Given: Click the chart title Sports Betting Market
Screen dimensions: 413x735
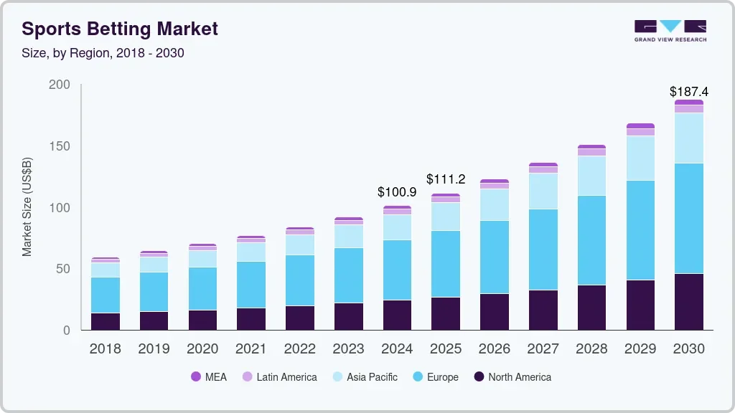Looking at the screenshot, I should [x=120, y=29].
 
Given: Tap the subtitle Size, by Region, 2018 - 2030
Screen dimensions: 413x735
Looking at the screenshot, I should [x=103, y=53].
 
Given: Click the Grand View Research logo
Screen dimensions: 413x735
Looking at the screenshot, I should [x=670, y=30].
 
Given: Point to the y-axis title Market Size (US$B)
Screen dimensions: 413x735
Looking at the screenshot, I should [x=27, y=206].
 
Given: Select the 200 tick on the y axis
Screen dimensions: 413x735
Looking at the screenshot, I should [x=60, y=85].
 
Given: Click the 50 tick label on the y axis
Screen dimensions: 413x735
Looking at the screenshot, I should [x=62, y=269].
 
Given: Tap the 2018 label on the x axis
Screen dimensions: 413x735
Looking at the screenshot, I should [x=106, y=349].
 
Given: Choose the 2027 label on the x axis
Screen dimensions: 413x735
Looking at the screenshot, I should [x=543, y=349].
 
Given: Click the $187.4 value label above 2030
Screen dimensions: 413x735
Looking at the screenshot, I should [x=688, y=92].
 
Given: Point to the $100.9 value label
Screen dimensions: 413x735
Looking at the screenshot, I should [x=397, y=192].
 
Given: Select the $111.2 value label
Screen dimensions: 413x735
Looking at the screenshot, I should [x=446, y=179].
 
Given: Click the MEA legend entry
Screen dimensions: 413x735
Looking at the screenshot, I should [x=209, y=377].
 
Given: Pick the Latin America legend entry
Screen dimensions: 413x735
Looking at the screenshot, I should [x=279, y=377].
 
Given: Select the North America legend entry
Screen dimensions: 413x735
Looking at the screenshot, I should [x=512, y=377].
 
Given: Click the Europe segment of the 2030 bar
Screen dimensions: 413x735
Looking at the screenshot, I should [x=689, y=218].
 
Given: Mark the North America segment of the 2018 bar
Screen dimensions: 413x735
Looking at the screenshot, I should [x=106, y=321].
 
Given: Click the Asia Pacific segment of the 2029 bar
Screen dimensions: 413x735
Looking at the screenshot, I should [x=640, y=158].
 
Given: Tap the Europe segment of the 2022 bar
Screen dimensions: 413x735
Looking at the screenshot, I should [x=300, y=280].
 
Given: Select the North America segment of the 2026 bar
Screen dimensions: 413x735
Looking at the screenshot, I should [x=495, y=312].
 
